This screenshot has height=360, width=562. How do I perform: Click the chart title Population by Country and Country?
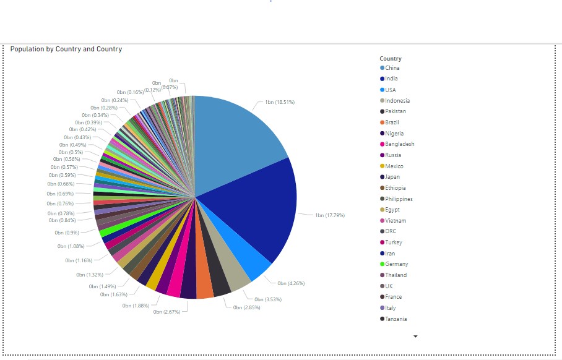click(x=66, y=49)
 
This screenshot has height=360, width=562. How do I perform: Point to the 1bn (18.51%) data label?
click(x=280, y=102)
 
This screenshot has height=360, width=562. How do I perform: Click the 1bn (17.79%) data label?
click(x=330, y=215)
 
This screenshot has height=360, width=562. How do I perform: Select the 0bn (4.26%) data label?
click(x=291, y=283)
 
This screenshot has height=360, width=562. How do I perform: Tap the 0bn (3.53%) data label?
click(x=268, y=299)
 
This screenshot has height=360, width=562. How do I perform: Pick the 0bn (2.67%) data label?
click(x=166, y=312)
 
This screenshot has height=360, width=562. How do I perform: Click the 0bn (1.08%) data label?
click(x=71, y=246)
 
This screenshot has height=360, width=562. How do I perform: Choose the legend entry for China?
click(x=392, y=68)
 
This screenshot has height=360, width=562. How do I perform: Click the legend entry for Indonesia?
click(x=397, y=101)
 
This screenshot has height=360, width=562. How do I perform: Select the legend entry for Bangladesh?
click(x=399, y=144)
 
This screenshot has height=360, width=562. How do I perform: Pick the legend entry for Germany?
click(x=396, y=264)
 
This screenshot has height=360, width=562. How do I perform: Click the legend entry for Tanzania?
click(x=396, y=319)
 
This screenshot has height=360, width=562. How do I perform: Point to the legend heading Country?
click(x=391, y=59)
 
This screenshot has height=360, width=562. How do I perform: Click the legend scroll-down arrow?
click(x=415, y=336)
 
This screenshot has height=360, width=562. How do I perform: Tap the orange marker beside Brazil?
click(x=383, y=122)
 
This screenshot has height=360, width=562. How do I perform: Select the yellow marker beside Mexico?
click(x=383, y=166)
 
